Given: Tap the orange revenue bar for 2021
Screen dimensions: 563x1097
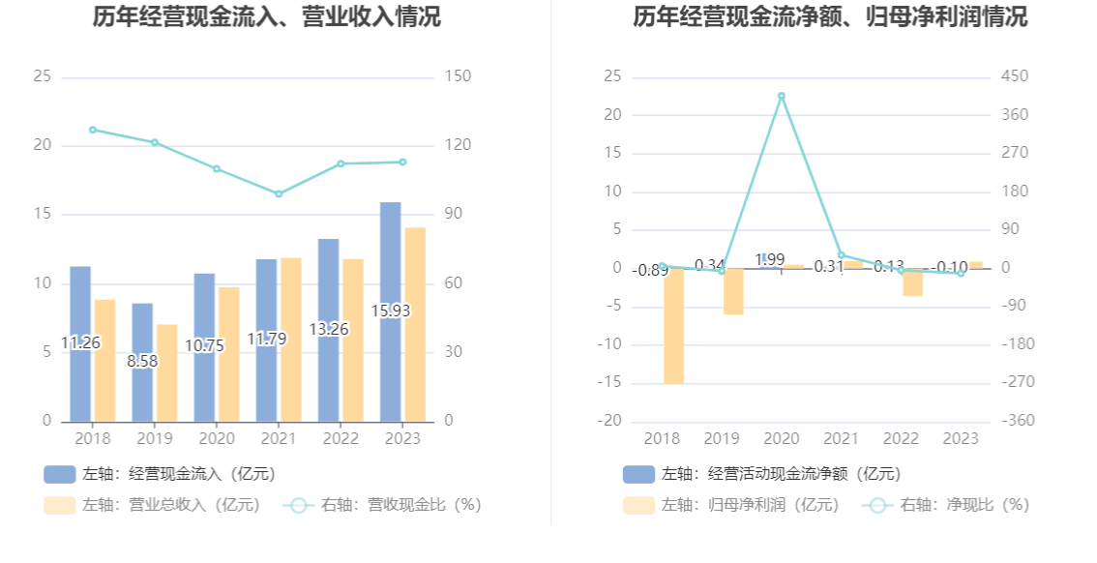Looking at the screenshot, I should (291, 339).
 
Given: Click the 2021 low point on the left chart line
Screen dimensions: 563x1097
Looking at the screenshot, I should (279, 193).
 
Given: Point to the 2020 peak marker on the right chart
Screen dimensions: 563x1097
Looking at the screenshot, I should (782, 96).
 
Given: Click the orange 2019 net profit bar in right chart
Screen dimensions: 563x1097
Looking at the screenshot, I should (733, 291).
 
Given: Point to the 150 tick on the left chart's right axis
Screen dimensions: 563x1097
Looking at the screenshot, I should (457, 76).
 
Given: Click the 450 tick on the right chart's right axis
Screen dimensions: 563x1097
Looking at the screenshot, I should (1015, 76).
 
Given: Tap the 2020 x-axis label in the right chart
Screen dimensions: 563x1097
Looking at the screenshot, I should (781, 438).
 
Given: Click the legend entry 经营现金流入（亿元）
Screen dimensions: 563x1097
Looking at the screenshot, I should (160, 474).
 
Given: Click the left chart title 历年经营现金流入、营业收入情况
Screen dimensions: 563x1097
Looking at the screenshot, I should (266, 16).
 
